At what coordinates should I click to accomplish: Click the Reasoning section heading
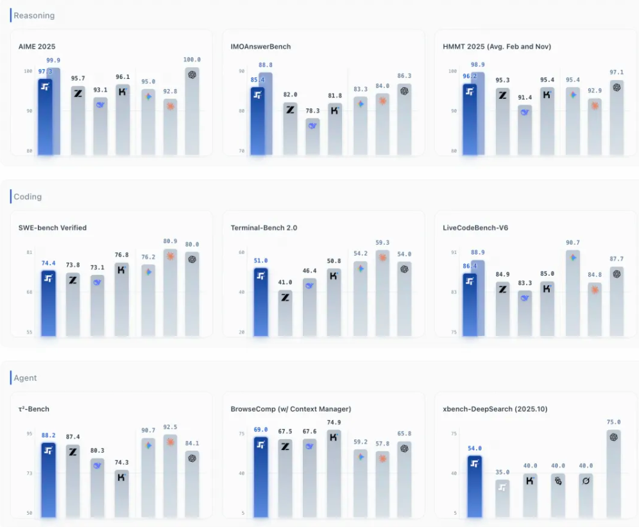34,15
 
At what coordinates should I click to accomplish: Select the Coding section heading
28,197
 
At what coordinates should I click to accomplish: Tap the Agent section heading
25,378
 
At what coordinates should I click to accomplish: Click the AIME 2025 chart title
37,46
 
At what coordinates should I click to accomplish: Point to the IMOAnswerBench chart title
260,46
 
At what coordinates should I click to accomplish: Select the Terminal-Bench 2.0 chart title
264,228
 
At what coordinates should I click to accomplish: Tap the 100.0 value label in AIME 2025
192,60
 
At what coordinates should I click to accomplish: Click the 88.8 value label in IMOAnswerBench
265,65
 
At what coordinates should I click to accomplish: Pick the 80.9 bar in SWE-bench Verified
171,292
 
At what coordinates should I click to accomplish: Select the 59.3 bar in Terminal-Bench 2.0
382,292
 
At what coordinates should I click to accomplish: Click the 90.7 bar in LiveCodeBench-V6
572,292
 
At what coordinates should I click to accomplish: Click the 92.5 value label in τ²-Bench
171,427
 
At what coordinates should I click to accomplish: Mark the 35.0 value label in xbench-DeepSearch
503,472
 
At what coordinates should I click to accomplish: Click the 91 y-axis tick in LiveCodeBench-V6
454,253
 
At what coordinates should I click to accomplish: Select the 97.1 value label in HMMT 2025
617,72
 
